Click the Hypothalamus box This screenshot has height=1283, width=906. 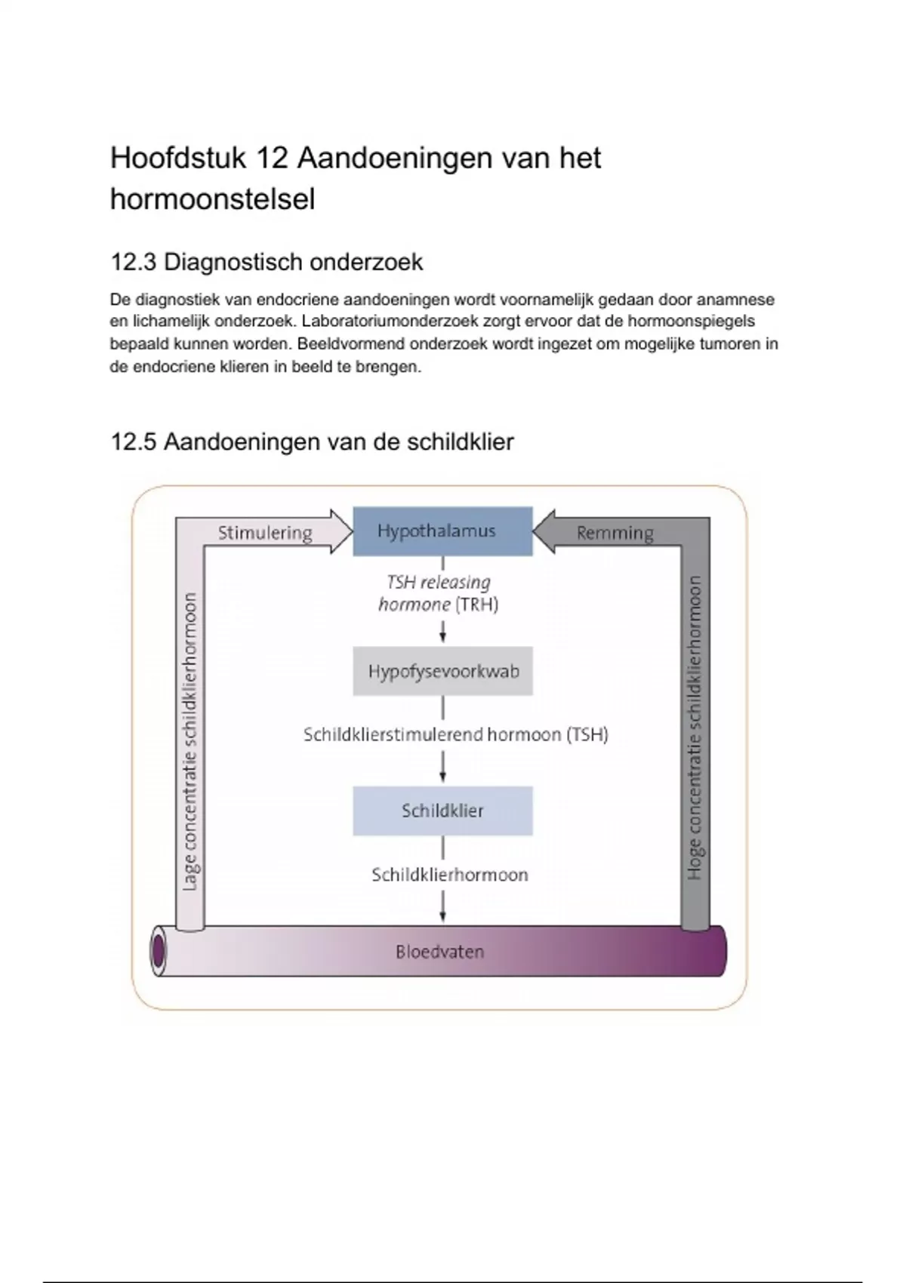tap(442, 531)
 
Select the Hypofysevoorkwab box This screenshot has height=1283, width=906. tap(442, 671)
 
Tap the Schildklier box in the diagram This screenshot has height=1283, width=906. tap(442, 811)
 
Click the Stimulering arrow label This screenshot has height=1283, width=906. tap(265, 533)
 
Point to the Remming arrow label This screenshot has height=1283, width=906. tap(615, 533)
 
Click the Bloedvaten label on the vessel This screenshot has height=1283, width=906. tap(439, 952)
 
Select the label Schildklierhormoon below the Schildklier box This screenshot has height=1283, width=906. tap(449, 875)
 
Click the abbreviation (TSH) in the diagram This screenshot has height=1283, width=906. tap(587, 734)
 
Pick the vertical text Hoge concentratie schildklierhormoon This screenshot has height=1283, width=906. tap(695, 728)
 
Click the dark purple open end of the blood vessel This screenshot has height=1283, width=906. tap(159, 952)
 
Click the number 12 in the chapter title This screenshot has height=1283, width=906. tap(270, 158)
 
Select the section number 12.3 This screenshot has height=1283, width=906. tap(133, 263)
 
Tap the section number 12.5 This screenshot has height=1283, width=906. tap(133, 442)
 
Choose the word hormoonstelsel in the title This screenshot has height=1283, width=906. tap(212, 200)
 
